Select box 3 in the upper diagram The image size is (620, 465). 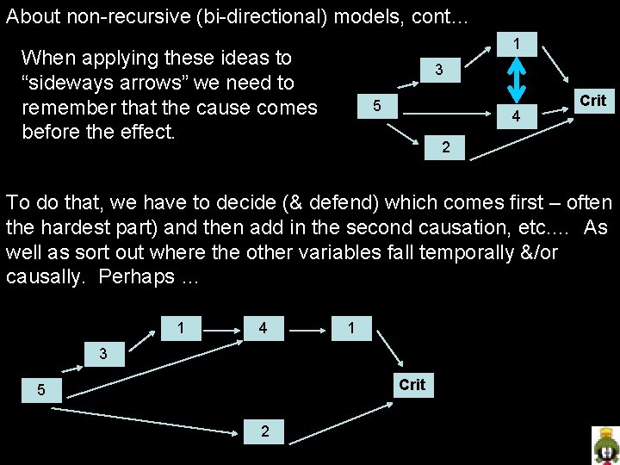(438, 70)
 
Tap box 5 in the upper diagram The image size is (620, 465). (375, 106)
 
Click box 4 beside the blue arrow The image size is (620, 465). (516, 115)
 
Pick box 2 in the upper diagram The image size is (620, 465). (445, 147)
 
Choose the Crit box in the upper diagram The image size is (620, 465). (592, 101)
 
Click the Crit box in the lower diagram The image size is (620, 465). (412, 384)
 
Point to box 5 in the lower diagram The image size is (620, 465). (40, 391)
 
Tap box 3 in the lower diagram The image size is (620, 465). (103, 353)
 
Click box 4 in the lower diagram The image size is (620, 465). (263, 328)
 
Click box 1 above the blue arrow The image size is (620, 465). (516, 43)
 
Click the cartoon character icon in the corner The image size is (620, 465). (605, 445)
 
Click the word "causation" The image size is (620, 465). (482, 228)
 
